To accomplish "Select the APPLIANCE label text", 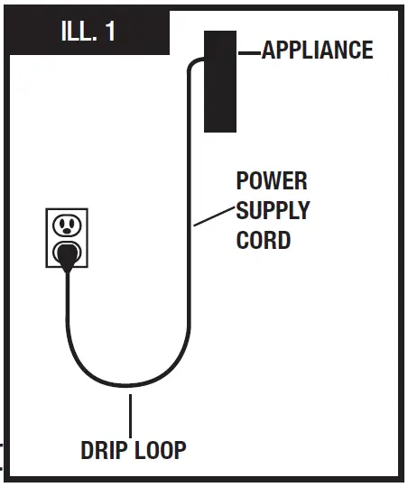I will (317, 51).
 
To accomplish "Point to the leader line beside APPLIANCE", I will (249, 52).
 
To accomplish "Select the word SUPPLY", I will (273, 210).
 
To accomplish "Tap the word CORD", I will (264, 241).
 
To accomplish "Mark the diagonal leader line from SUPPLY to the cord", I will (213, 215).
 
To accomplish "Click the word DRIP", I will (105, 450).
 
